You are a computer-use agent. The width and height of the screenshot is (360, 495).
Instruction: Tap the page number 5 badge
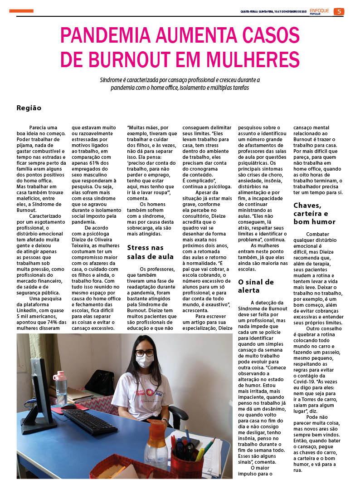coord(339,11)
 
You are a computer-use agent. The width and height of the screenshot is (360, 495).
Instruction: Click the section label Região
coord(29,108)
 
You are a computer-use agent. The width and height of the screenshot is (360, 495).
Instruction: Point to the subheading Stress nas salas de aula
coord(150,252)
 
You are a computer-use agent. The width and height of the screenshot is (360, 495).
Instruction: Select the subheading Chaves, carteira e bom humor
coord(315,214)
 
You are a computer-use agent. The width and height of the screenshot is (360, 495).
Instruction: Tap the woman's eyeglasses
coord(144,353)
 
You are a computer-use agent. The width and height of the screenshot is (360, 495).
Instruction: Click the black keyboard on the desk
coord(89,421)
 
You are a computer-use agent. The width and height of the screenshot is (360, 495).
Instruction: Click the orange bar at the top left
coord(21,11)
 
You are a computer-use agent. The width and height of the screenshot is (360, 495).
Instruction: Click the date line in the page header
coord(273,11)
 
